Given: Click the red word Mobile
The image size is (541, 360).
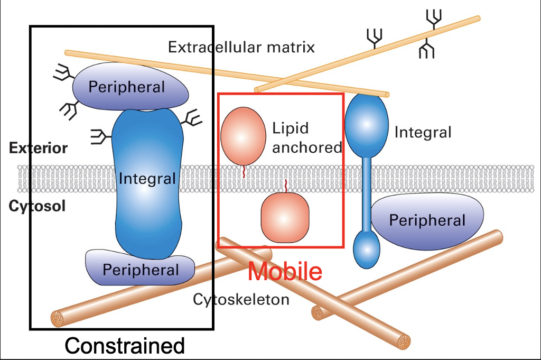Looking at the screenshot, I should coord(285,271).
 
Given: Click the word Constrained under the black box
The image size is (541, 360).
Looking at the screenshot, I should coord(125,346).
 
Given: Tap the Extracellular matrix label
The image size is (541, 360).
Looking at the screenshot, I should coord(241,47).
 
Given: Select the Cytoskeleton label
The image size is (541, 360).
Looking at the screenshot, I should coord(241,300).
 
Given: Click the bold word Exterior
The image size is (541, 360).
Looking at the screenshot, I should coord(38,148).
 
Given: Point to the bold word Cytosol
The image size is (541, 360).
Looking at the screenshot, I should coord(37,206).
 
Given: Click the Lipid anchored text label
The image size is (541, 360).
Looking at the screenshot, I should coord(306,138).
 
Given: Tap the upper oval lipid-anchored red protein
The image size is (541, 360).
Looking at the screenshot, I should coord(243,135).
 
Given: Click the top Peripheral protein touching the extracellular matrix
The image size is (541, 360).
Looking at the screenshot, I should coord(129,86).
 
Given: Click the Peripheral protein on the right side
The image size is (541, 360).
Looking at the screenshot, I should coord(427,219).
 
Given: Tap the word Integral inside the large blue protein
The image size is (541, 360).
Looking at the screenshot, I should coord(147,179).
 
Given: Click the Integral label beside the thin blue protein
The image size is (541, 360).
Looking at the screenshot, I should coord(423,132).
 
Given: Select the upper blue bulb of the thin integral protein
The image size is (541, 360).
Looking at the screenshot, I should coord(366,123).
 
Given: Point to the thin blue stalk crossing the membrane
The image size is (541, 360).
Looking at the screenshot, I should coord(366,190).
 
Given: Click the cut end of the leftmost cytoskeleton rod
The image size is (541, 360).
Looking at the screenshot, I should coord(57,319).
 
